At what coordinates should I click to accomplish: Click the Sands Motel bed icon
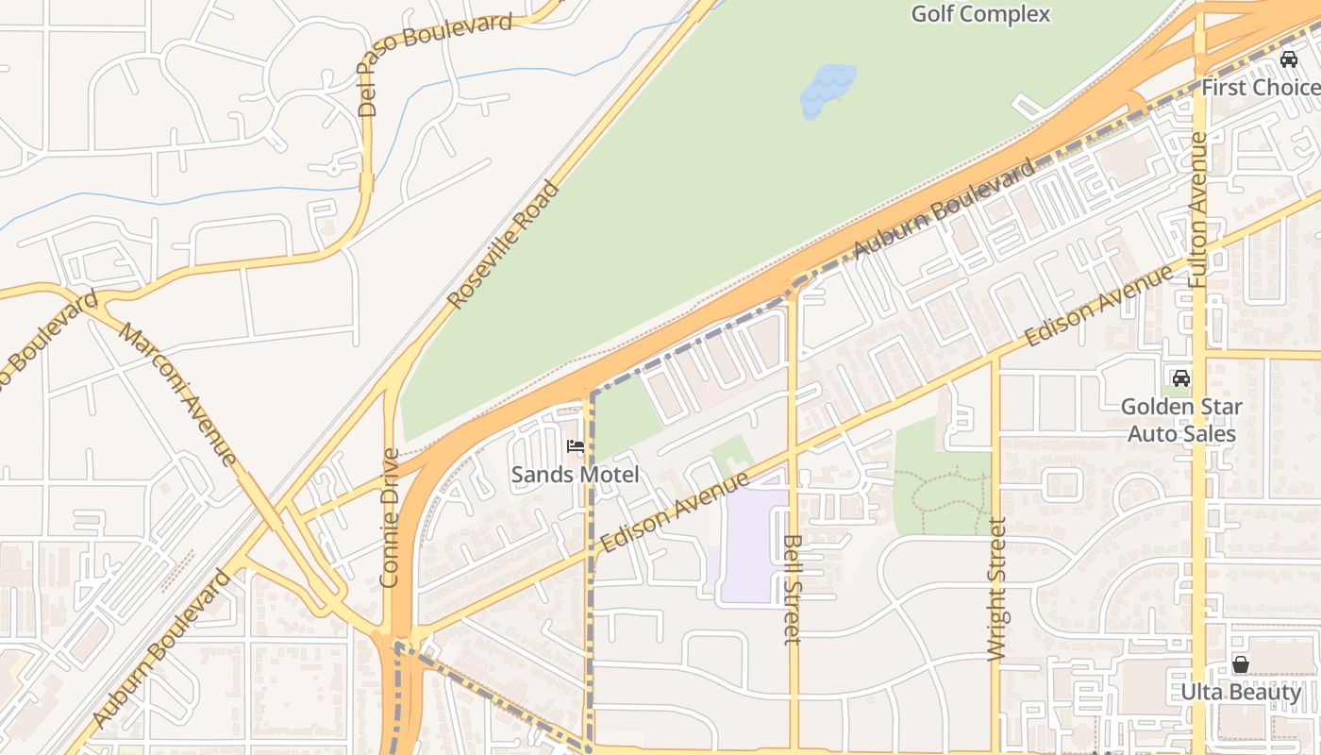[x=576, y=446]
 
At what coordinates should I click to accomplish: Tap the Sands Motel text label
[x=576, y=474]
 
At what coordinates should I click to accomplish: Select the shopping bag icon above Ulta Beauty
[x=1241, y=664]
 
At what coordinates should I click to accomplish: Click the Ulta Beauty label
[x=1241, y=692]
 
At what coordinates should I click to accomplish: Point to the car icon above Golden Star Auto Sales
[x=1180, y=378]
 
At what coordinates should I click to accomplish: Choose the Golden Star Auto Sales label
[x=1181, y=420]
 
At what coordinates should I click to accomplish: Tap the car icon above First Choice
[x=1288, y=59]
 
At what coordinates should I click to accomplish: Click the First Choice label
[x=1261, y=88]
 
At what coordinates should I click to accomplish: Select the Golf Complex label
[x=981, y=14]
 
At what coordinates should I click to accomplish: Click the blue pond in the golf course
[x=828, y=90]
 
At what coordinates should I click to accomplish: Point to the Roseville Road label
[x=504, y=245]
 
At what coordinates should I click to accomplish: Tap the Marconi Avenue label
[x=178, y=394]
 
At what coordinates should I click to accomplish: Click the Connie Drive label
[x=391, y=517]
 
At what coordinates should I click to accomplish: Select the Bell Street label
[x=793, y=589]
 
